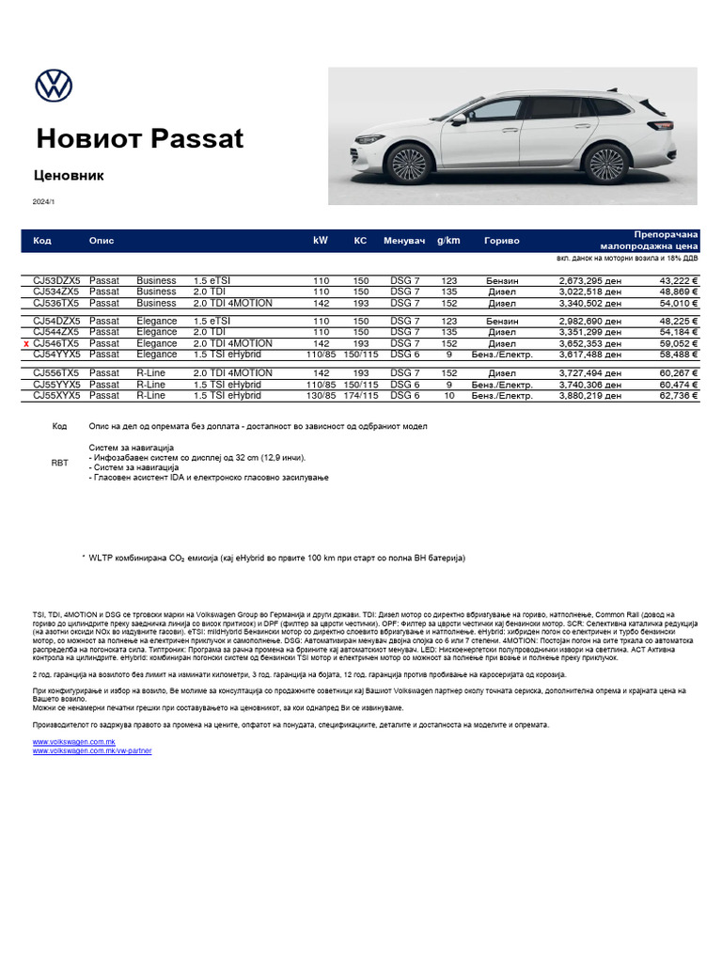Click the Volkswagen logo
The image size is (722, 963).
tap(54, 86)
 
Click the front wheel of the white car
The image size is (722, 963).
tap(408, 164)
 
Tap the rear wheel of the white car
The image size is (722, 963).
tap(604, 164)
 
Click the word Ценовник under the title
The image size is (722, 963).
tap(70, 175)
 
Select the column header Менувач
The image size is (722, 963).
tap(404, 241)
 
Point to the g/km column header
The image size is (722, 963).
tap(448, 241)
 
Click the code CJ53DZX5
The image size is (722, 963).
tap(56, 280)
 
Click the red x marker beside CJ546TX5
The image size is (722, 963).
tap(26, 345)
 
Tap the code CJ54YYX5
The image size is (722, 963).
tap(56, 355)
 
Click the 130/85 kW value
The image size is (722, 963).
tap(321, 396)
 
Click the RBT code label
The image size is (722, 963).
tap(59, 463)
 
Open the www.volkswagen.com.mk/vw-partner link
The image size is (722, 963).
tap(92, 751)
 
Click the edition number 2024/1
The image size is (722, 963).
tap(44, 201)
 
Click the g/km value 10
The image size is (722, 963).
tap(448, 396)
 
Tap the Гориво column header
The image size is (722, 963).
tap(501, 241)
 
